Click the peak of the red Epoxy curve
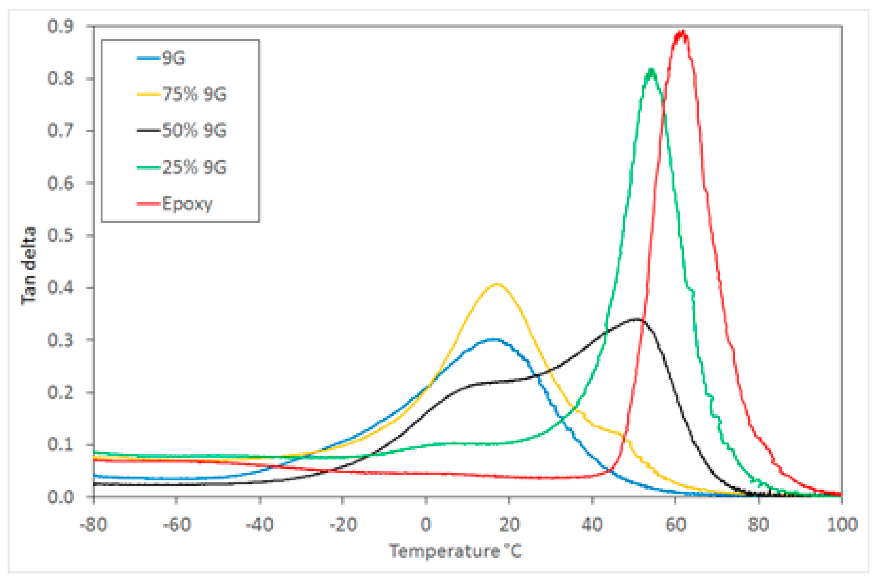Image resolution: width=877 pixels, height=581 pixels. pyautogui.click(x=681, y=33)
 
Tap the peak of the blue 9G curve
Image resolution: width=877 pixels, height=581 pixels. pyautogui.click(x=493, y=339)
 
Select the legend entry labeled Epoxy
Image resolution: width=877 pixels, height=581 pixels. pyautogui.click(x=187, y=204)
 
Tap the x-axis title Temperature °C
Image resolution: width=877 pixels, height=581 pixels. pyautogui.click(x=455, y=551)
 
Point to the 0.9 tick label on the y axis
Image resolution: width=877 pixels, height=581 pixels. pyautogui.click(x=60, y=27)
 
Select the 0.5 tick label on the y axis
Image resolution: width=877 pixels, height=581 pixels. pyautogui.click(x=60, y=236)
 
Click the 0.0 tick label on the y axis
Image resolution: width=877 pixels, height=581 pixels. pyautogui.click(x=60, y=497)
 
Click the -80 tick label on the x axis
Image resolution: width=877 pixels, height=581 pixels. pyautogui.click(x=94, y=525)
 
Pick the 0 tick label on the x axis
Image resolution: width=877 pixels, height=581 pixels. pyautogui.click(x=426, y=525)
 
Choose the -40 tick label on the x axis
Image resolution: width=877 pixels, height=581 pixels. pyautogui.click(x=260, y=525)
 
